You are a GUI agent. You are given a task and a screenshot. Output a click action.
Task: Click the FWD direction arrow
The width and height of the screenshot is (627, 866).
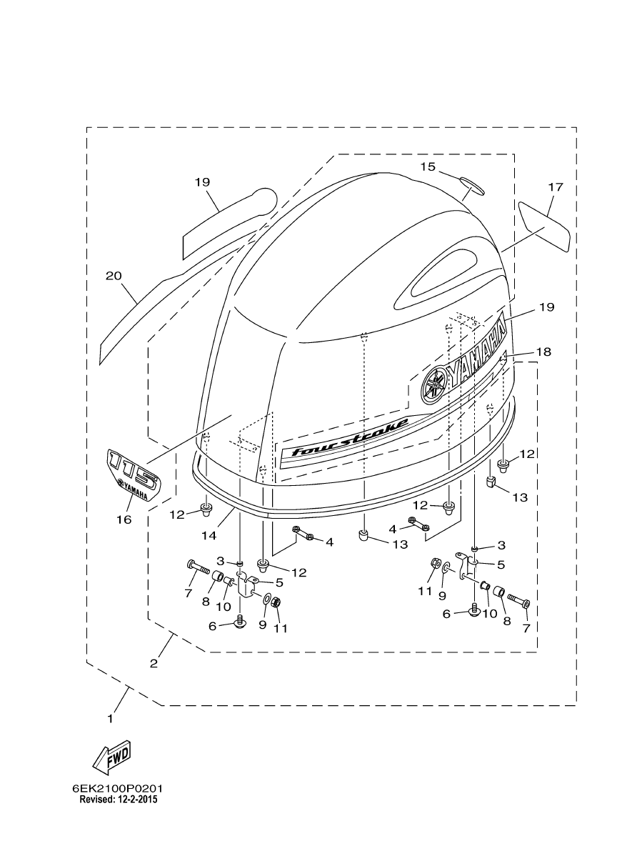[112, 752]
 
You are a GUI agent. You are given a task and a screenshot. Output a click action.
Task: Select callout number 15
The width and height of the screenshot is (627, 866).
[428, 166]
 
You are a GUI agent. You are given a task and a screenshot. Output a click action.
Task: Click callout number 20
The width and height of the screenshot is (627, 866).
[114, 276]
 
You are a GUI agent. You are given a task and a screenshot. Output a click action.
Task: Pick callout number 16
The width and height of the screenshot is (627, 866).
[124, 519]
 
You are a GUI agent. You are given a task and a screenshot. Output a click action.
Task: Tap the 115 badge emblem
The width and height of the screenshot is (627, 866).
[134, 476]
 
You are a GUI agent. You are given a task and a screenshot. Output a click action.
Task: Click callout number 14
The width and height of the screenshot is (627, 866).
[209, 534]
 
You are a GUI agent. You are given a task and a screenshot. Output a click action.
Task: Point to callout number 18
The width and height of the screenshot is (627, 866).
[543, 352]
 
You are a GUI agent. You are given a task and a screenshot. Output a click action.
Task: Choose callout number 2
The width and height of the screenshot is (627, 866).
[154, 663]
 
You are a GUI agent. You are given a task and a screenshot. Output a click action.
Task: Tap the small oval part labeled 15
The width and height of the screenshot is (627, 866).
[472, 185]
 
